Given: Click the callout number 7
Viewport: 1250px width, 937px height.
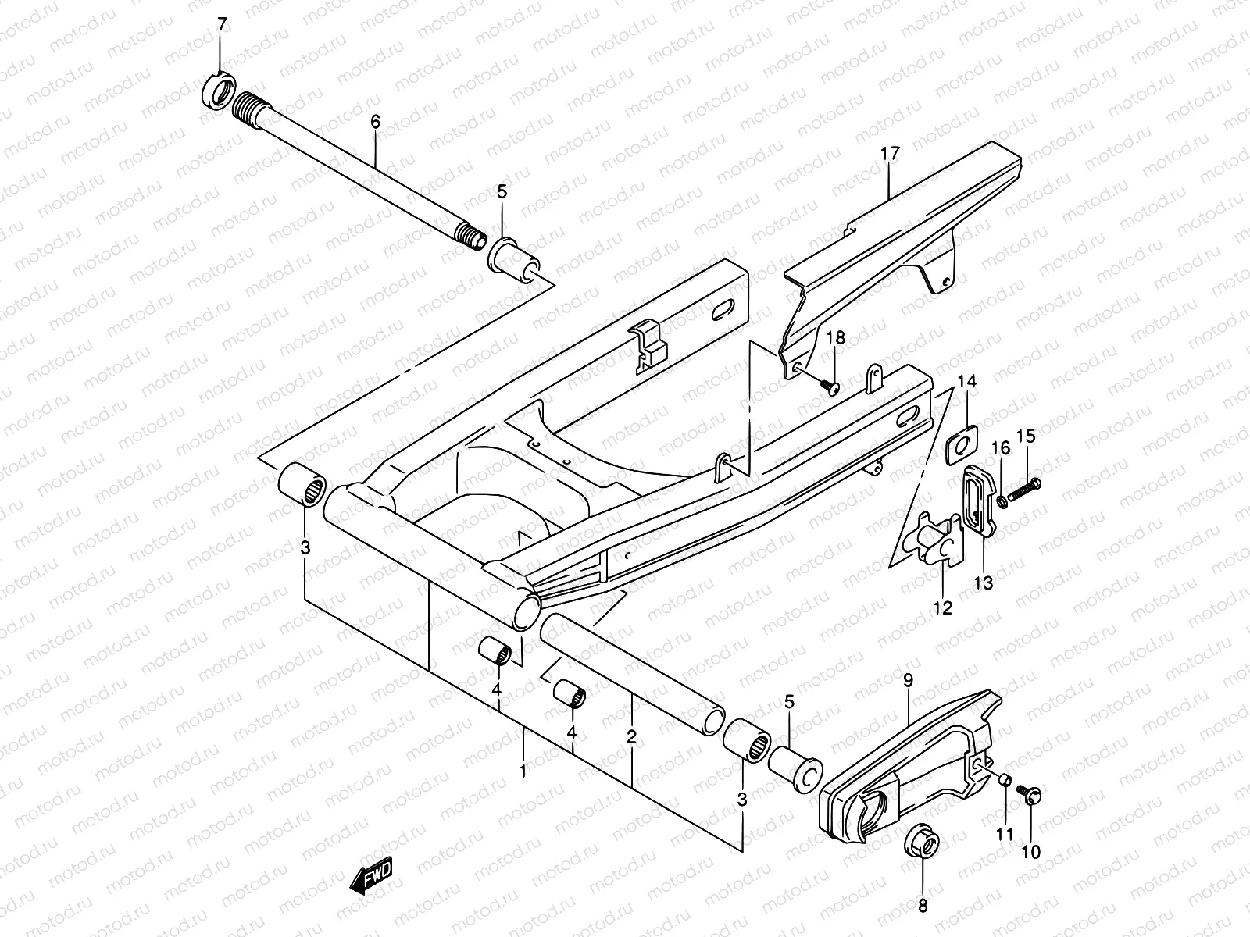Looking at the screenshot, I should point(222,24).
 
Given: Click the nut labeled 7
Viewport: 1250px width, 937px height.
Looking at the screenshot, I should point(220,91).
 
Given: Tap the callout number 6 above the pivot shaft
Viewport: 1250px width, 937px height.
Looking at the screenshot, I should point(375,122).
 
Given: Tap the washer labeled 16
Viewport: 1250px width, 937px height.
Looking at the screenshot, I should point(1002,498).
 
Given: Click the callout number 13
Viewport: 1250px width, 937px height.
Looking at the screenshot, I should point(983,583).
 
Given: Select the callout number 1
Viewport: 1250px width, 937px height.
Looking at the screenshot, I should point(523,771).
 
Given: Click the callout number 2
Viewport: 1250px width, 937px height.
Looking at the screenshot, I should point(631,736).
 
